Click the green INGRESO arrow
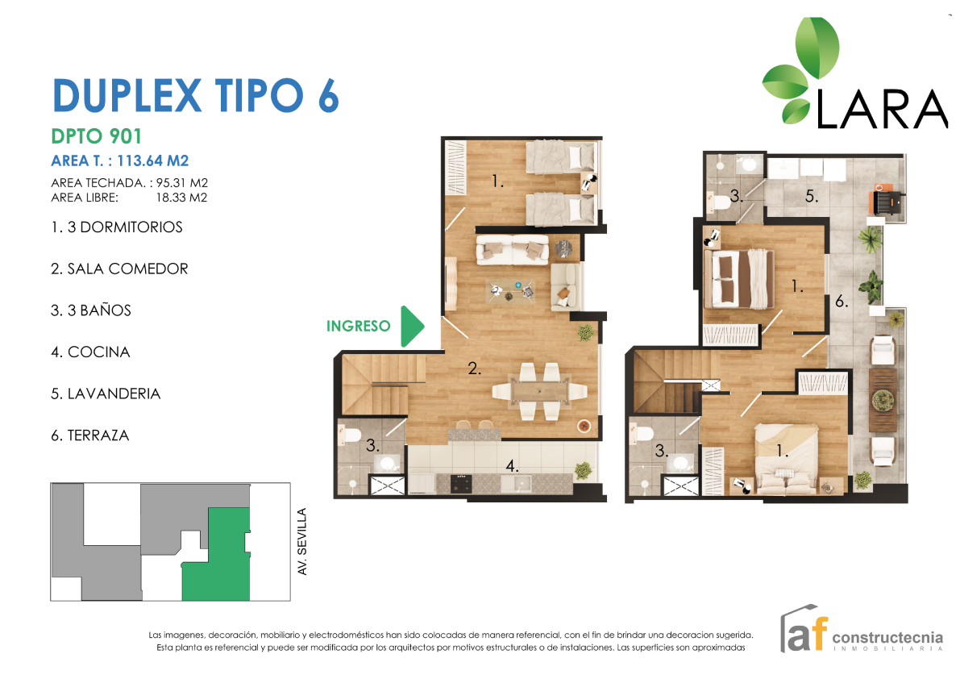click(x=411, y=327)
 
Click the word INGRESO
click(x=358, y=327)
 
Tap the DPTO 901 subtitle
click(x=97, y=136)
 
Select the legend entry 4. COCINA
click(x=90, y=352)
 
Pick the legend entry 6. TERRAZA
click(x=90, y=435)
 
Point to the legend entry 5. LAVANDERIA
click(x=106, y=394)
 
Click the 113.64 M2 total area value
click(x=152, y=160)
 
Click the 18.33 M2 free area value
click(x=181, y=197)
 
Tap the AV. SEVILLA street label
click(x=301, y=541)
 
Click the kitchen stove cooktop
click(x=460, y=484)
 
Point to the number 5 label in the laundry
click(x=811, y=196)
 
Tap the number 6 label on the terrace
click(x=842, y=301)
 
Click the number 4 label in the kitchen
click(x=512, y=466)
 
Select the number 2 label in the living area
click(x=474, y=368)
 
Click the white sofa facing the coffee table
click(x=513, y=249)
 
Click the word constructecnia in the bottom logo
click(x=887, y=637)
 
